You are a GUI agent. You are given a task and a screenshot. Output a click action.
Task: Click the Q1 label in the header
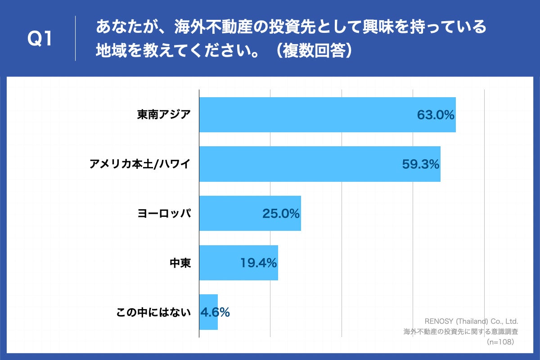(x=40, y=39)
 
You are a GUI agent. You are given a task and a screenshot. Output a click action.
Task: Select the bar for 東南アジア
(x=327, y=115)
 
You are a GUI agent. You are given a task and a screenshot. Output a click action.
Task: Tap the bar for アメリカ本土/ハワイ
(x=319, y=164)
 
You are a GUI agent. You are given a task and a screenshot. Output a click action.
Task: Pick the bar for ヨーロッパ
(x=250, y=213)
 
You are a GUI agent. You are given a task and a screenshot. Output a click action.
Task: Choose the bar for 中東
(x=238, y=263)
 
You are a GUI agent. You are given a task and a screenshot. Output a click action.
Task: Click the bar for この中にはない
(x=208, y=312)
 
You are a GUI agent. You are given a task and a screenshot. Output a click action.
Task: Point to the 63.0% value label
(x=436, y=115)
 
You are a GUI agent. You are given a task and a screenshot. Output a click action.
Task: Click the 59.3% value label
(x=420, y=165)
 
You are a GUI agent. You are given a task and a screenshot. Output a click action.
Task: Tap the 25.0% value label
(x=281, y=214)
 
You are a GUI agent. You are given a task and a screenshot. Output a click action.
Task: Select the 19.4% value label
(x=258, y=263)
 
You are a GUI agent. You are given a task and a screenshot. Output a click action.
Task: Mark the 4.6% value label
(x=215, y=312)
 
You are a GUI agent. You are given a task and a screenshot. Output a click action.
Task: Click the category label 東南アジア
(x=164, y=115)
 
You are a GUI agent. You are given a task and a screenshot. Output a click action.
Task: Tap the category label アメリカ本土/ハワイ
(x=140, y=165)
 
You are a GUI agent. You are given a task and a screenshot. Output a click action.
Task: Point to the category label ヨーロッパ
(x=164, y=214)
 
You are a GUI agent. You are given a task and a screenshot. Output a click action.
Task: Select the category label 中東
(x=180, y=263)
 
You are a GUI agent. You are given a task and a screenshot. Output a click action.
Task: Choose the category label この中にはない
(x=154, y=312)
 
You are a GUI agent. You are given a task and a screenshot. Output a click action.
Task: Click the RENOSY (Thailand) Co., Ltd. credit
(x=472, y=322)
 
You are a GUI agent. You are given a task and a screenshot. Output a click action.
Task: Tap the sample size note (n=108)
(x=500, y=342)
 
